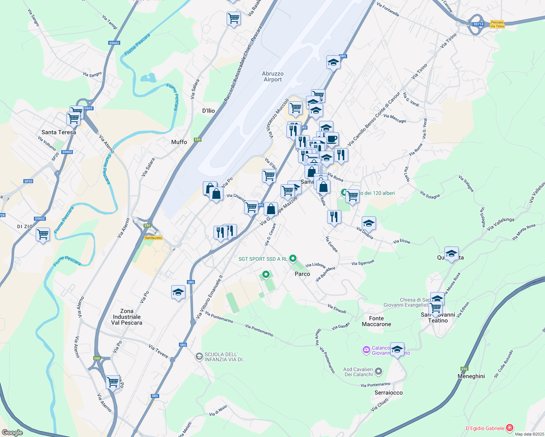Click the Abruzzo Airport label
coord(272,76)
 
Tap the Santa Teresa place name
coord(59,132)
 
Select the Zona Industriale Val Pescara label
coord(127,317)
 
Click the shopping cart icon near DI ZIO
coord(43,235)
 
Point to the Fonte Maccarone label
coord(376,321)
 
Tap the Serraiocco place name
coord(389,393)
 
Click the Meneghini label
coord(471,376)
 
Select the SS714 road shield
coord(478,24)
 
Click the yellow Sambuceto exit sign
coord(153,238)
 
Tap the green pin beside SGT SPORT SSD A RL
coord(293,259)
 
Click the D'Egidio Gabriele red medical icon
coord(509,428)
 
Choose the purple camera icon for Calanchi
coord(366,350)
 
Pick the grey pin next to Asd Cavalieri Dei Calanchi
coord(379,371)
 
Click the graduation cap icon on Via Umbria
coord(369,223)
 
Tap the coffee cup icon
coord(332,139)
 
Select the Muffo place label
coord(179,142)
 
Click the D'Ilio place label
coord(208,111)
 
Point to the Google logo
coord(12,433)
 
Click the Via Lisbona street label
coord(315,265)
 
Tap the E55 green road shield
coord(464,369)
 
